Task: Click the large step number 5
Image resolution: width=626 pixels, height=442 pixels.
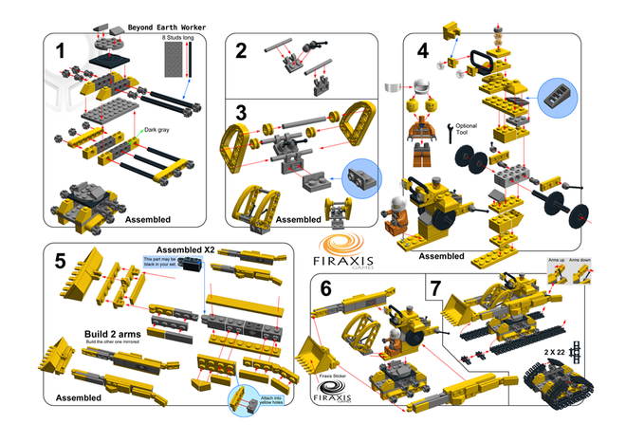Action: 61,260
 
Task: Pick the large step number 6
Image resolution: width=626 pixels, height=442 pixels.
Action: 328,289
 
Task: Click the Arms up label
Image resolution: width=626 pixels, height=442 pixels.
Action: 557,257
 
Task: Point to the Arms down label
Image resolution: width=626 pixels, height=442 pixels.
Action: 585,257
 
